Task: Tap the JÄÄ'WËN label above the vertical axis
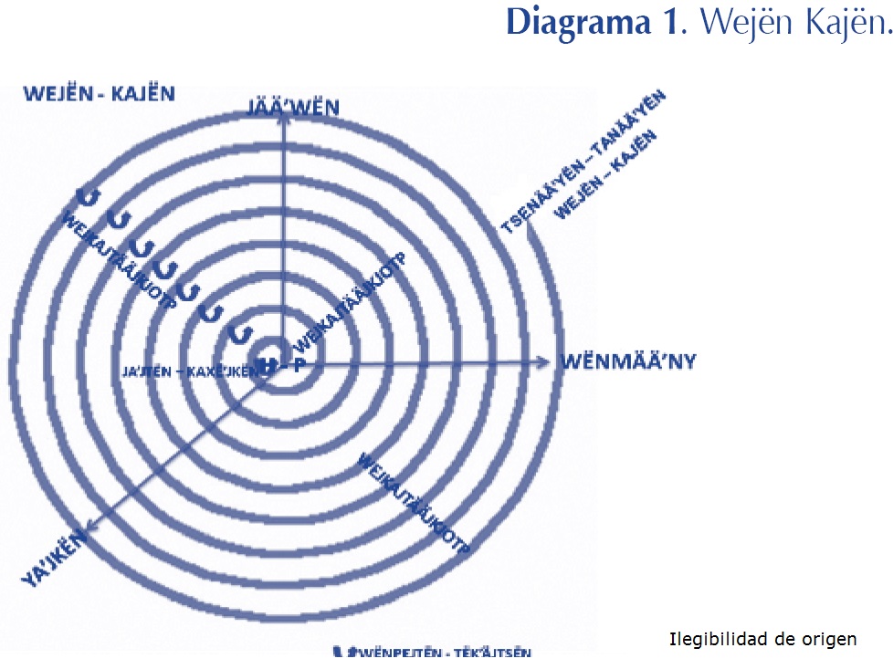click(292, 109)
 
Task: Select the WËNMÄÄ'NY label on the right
click(627, 361)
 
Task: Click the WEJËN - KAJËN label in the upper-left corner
click(100, 93)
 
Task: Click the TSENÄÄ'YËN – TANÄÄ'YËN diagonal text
click(584, 162)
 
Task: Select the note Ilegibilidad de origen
click(763, 639)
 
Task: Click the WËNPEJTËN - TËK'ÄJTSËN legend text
click(438, 652)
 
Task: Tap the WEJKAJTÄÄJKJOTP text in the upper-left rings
click(119, 260)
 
